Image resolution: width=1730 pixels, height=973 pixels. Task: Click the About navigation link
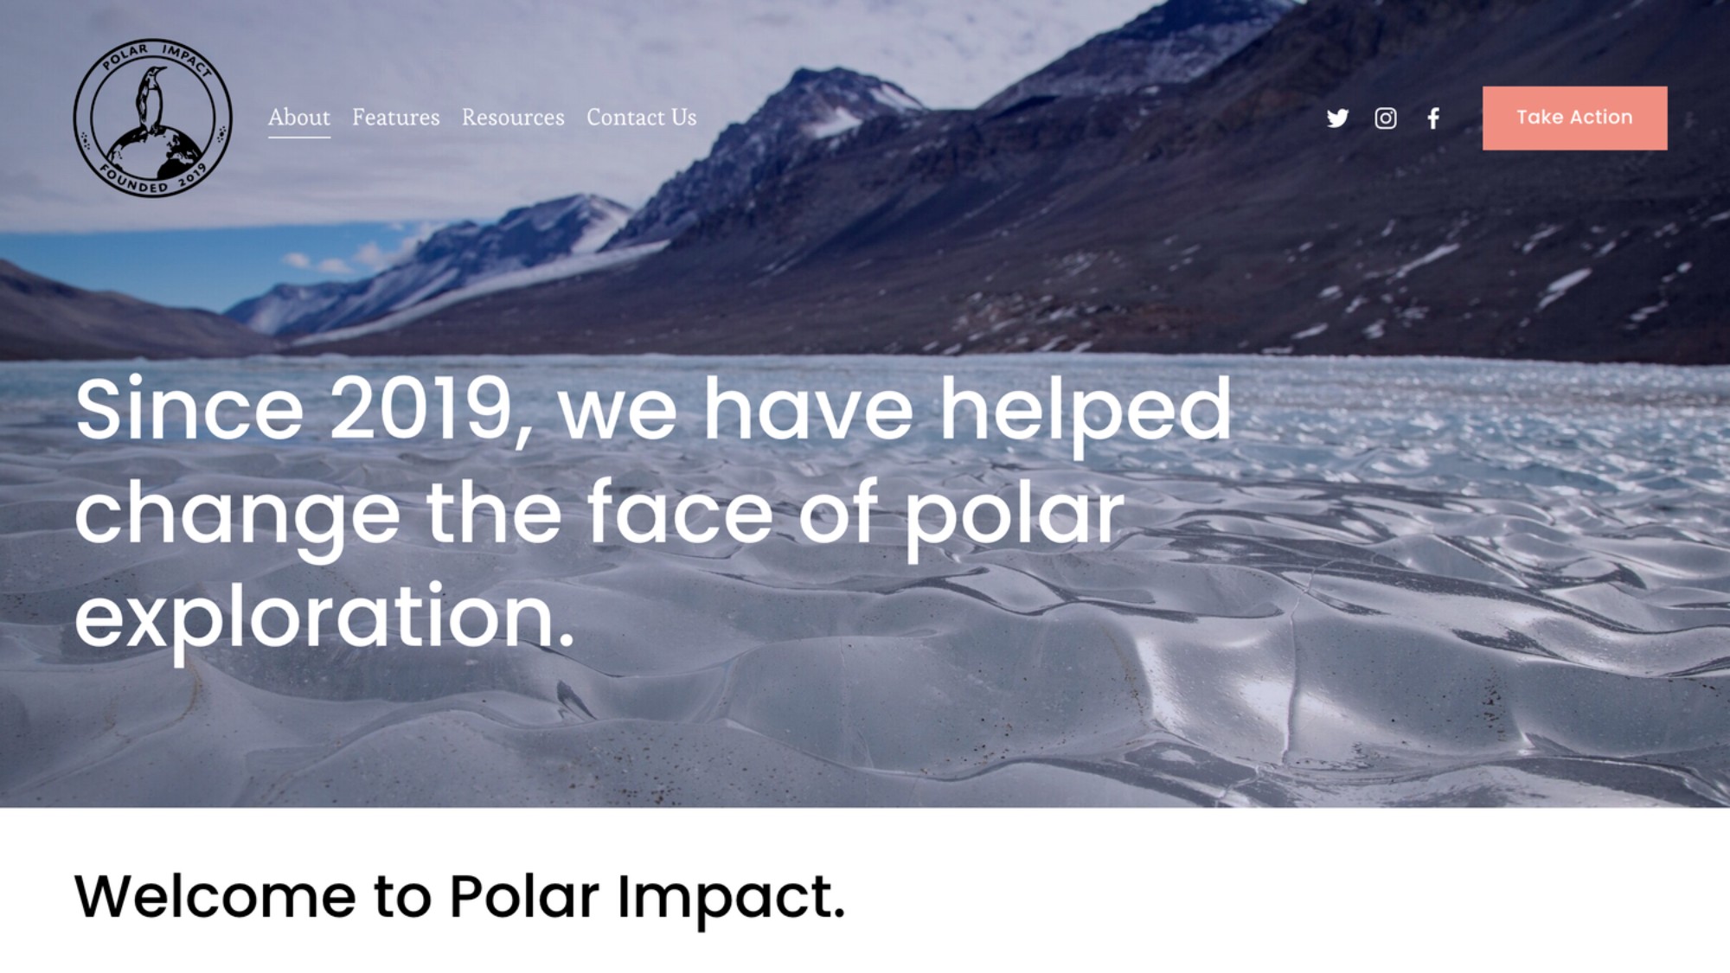(298, 117)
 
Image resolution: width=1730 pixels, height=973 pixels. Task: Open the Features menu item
(395, 117)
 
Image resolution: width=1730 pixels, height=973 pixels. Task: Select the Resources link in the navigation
(513, 117)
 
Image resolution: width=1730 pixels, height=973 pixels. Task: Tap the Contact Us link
(641, 117)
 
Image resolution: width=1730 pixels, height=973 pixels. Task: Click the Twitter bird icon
(1337, 118)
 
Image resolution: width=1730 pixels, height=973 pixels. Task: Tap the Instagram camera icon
(1385, 118)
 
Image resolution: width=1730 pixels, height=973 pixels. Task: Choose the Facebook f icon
(1433, 118)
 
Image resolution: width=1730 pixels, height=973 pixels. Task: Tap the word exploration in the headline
(324, 617)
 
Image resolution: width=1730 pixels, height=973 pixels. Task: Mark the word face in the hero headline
(680, 511)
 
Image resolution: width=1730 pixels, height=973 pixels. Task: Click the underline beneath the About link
(298, 137)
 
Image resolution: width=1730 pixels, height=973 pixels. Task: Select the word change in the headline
(238, 516)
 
